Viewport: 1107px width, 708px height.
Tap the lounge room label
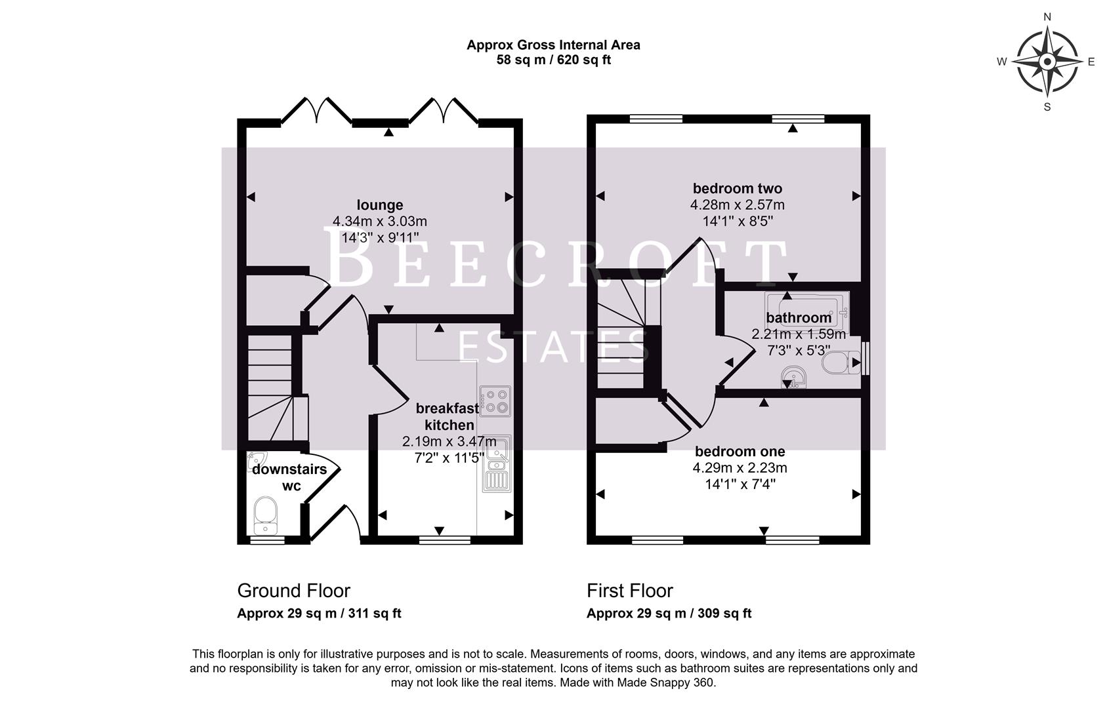click(x=380, y=205)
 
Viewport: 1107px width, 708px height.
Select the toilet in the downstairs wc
click(x=265, y=515)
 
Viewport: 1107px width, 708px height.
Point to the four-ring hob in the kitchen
click(x=495, y=401)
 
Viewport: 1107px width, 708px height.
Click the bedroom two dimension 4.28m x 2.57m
click(x=737, y=205)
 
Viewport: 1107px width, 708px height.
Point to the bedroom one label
click(x=740, y=452)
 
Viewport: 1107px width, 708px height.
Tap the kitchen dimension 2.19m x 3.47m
click(x=449, y=442)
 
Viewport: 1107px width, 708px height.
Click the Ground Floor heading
click(x=293, y=591)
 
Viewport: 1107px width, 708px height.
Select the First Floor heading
click(x=629, y=591)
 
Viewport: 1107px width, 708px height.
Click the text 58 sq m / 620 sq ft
click(x=553, y=60)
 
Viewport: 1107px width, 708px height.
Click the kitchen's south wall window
click(x=444, y=541)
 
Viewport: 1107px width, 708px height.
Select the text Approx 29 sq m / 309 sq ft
click(x=668, y=614)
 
